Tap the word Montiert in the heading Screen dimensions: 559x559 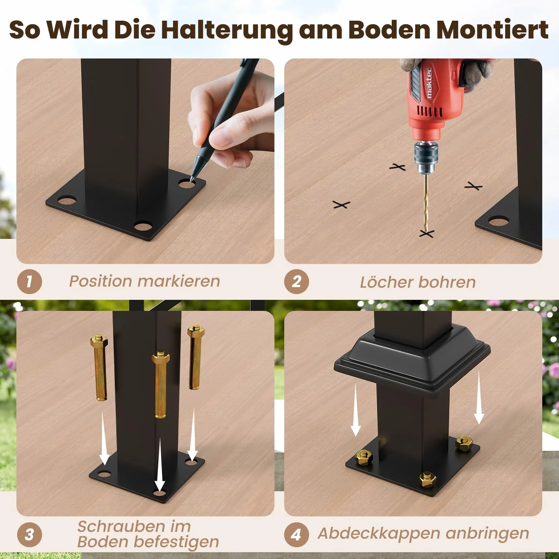click(x=492, y=30)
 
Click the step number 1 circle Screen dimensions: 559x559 click(x=30, y=282)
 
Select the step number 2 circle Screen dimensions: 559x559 click(x=297, y=282)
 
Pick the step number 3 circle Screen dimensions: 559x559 click(x=30, y=534)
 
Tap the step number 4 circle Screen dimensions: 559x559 click(x=297, y=534)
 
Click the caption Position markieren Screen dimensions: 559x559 click(x=144, y=281)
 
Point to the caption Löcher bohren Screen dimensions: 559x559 click(x=418, y=282)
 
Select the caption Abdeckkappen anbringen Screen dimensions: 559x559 click(x=424, y=534)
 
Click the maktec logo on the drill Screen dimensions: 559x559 click(x=429, y=83)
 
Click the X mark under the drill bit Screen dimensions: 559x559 click(x=426, y=234)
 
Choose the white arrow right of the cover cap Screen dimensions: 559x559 click(x=479, y=398)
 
